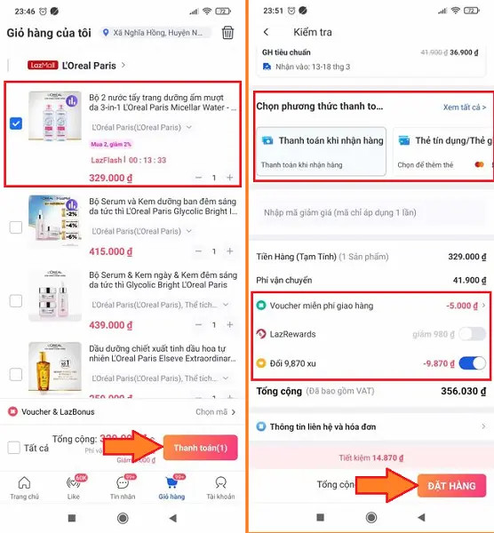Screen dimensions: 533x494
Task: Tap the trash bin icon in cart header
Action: (228, 33)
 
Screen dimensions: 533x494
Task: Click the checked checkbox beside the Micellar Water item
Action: (16, 123)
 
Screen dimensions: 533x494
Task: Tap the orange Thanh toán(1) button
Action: (200, 449)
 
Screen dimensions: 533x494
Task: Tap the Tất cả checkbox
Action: (14, 448)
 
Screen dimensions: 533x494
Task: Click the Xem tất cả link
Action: (465, 107)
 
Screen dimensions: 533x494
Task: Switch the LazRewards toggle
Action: (472, 334)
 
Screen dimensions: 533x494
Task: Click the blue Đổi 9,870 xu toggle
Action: (472, 363)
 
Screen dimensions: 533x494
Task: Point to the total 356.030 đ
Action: (457, 392)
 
